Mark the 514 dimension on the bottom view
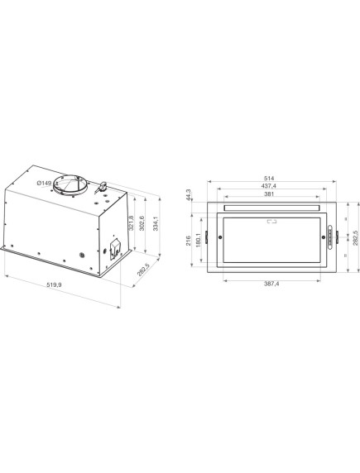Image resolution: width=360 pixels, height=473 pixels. click(x=270, y=177)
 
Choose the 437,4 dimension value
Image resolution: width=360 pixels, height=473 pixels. click(x=270, y=186)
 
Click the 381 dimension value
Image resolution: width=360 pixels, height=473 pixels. click(x=270, y=195)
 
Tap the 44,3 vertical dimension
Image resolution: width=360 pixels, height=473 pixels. click(x=188, y=195)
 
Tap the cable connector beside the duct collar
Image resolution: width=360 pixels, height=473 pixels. click(x=105, y=186)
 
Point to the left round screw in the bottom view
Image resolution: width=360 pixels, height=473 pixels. click(x=220, y=238)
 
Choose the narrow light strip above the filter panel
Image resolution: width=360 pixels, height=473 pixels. click(x=270, y=207)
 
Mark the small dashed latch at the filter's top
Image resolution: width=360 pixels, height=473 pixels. click(x=270, y=222)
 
